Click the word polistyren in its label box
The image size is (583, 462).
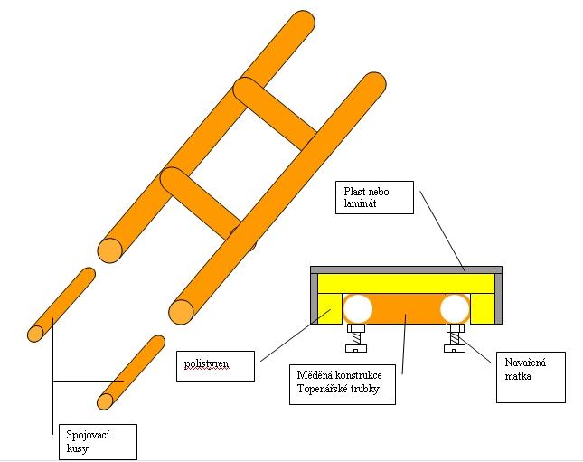pyautogui.click(x=206, y=363)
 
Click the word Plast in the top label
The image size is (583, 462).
pyautogui.click(x=353, y=192)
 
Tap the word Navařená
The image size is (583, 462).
pyautogui.click(x=525, y=363)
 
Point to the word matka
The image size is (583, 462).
pyautogui.click(x=518, y=376)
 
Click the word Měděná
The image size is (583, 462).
pyautogui.click(x=312, y=375)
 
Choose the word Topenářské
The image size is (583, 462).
pyautogui.click(x=323, y=389)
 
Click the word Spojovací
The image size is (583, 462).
pyautogui.click(x=88, y=435)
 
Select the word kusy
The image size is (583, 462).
pyautogui.click(x=78, y=448)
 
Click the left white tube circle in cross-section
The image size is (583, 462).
pyautogui.click(x=358, y=308)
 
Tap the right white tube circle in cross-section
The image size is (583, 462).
pyautogui.click(x=455, y=308)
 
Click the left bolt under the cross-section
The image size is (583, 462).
pyautogui.click(x=356, y=338)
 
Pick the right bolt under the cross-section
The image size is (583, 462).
pyautogui.click(x=455, y=338)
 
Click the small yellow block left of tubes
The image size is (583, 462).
pyautogui.click(x=330, y=308)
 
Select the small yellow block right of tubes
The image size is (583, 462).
pyautogui.click(x=483, y=308)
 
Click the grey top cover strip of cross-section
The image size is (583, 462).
pyautogui.click(x=406, y=270)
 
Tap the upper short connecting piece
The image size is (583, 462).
pyautogui.click(x=61, y=305)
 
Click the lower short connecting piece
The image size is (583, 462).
pyautogui.click(x=131, y=372)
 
